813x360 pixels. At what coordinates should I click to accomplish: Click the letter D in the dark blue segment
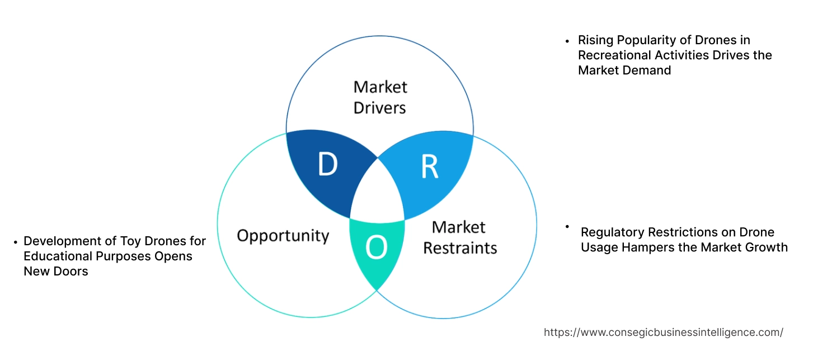click(x=328, y=164)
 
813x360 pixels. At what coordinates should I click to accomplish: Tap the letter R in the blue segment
click(x=429, y=166)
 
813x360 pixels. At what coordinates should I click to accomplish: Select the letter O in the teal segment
click(x=377, y=248)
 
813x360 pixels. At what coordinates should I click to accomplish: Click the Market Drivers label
click(x=380, y=97)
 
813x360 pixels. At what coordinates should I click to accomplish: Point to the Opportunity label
click(x=283, y=235)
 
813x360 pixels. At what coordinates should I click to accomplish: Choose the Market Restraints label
click(x=459, y=237)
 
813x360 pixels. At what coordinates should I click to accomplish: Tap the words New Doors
click(x=56, y=272)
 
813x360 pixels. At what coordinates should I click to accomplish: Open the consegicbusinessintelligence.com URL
click(x=663, y=333)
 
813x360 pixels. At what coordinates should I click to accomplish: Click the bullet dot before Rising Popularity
click(x=567, y=41)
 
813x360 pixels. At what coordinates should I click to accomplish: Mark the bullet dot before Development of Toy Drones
click(x=15, y=242)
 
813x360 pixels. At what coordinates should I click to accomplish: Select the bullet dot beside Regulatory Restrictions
click(x=567, y=227)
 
